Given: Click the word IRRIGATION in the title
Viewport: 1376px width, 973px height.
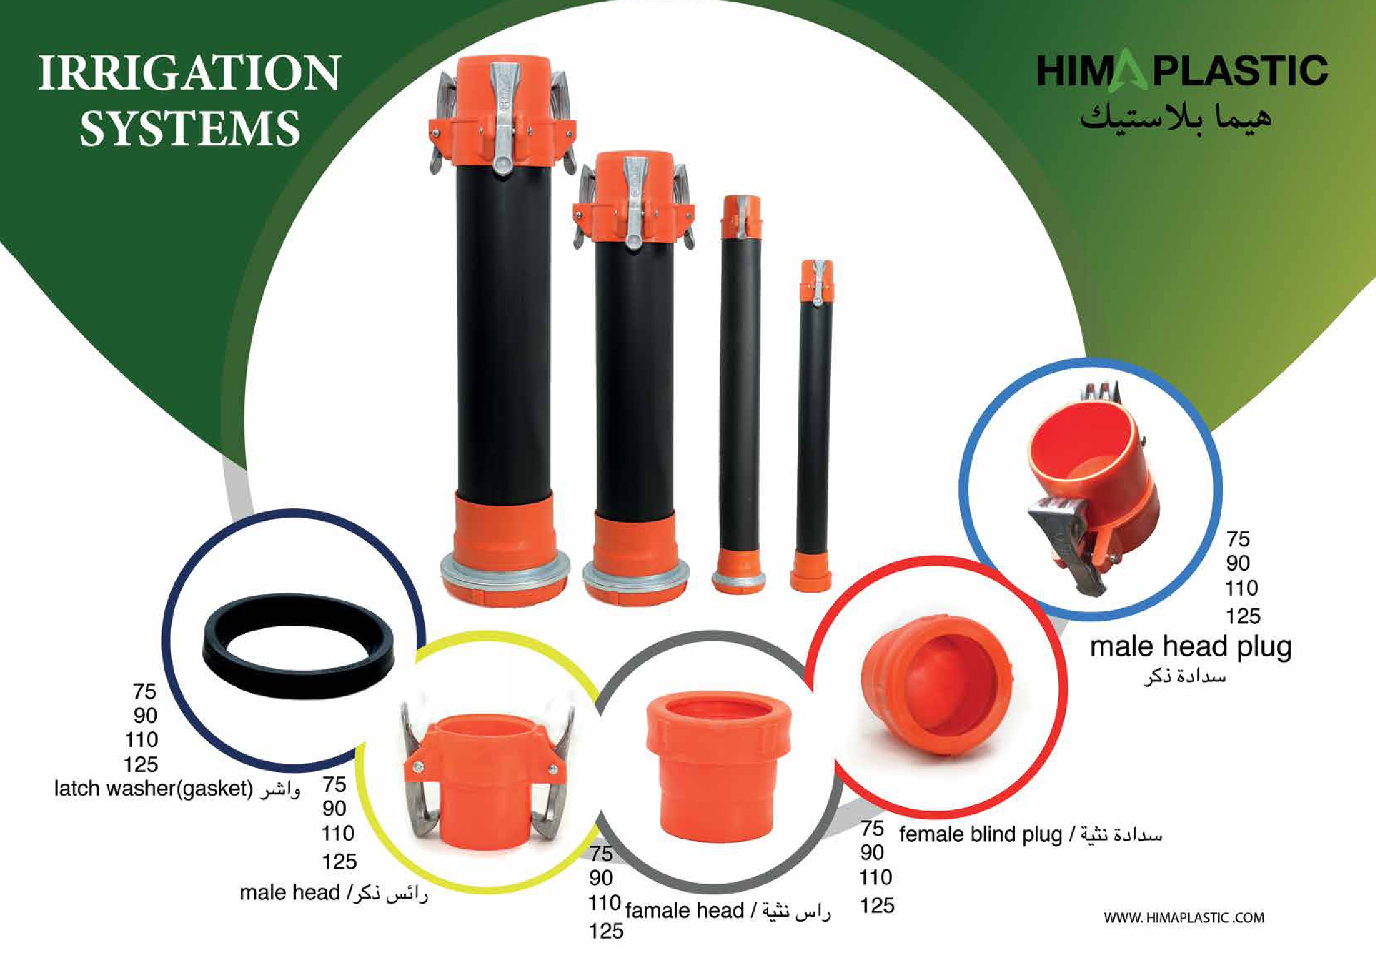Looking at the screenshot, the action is pyautogui.click(x=190, y=73).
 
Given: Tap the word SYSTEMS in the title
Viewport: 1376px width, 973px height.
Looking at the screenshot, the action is pyautogui.click(x=190, y=128).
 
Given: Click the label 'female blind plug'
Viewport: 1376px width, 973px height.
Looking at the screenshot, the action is pyautogui.click(x=980, y=835).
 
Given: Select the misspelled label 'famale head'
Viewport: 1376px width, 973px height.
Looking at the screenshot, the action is pyautogui.click(x=684, y=911).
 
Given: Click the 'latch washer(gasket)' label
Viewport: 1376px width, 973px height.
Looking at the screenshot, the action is pyautogui.click(x=154, y=788).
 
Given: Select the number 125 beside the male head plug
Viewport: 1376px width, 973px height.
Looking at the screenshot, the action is pyautogui.click(x=1242, y=615).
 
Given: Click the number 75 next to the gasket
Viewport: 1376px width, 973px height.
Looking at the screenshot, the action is pyautogui.click(x=144, y=691).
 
